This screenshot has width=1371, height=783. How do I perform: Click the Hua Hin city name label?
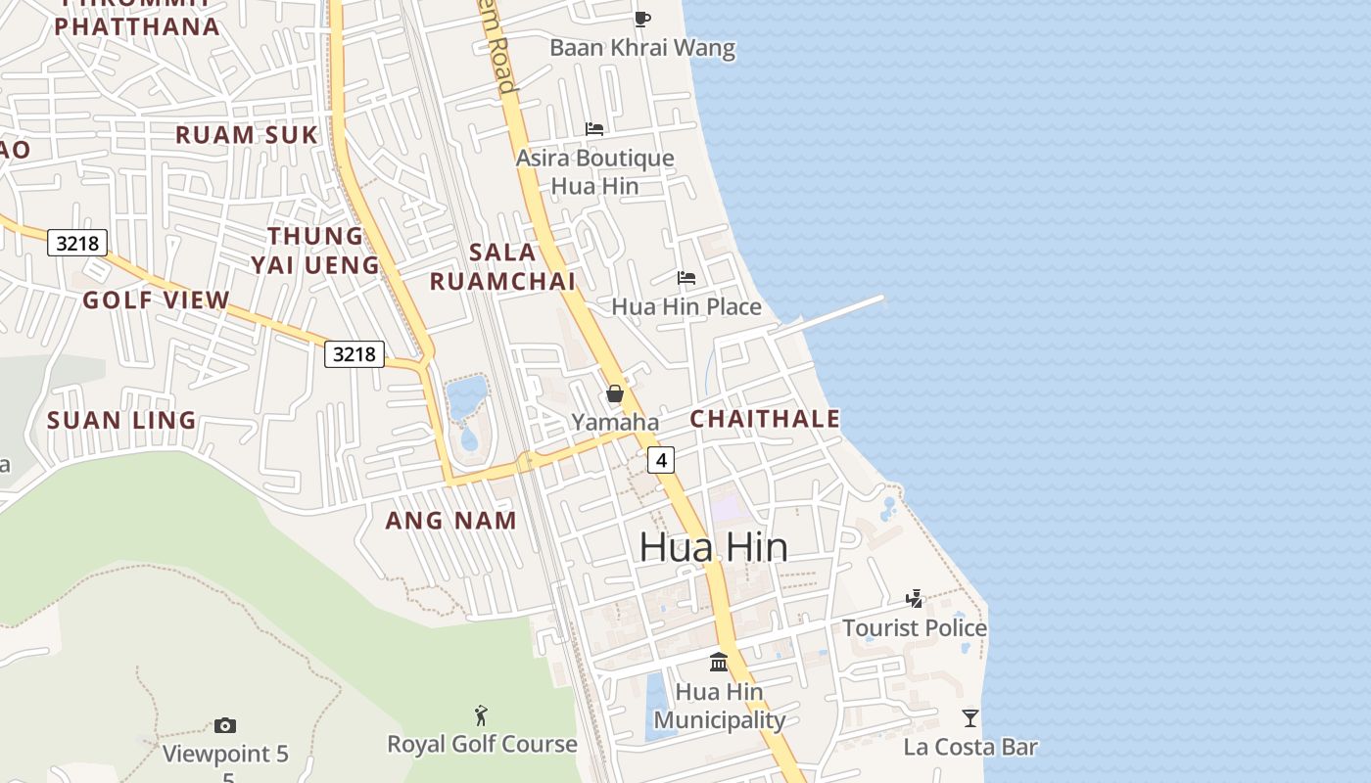(713, 546)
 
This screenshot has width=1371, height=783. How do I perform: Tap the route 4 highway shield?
(662, 459)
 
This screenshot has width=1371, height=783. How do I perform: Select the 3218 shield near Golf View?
(77, 243)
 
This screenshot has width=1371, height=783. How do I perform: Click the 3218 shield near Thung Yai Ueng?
(355, 353)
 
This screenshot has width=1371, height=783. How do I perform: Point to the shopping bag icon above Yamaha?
(615, 393)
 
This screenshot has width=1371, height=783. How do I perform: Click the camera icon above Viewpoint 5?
(225, 725)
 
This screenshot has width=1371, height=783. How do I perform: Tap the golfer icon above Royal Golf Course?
(480, 715)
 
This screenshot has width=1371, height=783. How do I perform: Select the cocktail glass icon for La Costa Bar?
(969, 718)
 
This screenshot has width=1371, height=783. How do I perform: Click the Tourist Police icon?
(915, 598)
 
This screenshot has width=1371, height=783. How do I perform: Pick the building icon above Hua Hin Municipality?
(719, 663)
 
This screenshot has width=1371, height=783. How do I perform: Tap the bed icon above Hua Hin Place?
(686, 278)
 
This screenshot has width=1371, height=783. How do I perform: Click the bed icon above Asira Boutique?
(594, 128)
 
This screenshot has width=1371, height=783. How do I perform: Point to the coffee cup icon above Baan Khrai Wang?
(642, 19)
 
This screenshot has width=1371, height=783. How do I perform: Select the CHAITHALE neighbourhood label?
(765, 419)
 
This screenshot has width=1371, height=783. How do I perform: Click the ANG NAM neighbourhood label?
(450, 521)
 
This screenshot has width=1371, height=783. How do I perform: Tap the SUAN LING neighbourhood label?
(122, 421)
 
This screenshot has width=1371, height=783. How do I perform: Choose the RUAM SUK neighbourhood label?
(247, 135)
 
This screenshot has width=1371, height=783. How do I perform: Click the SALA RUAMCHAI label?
(502, 266)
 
